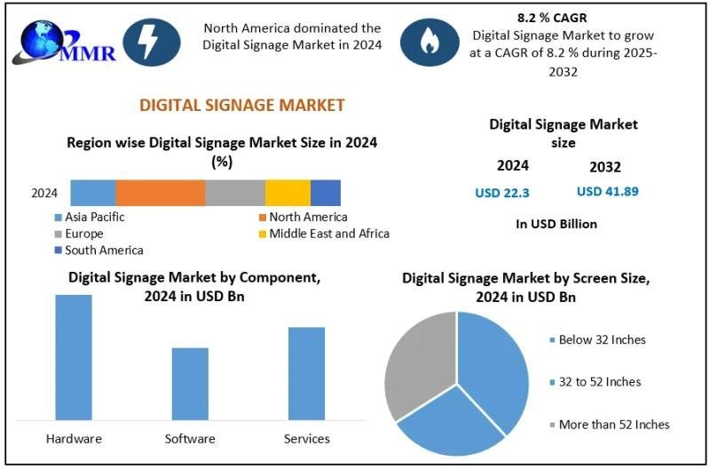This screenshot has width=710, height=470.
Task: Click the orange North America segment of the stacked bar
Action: [160, 193]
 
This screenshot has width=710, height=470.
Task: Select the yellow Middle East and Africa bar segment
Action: [288, 193]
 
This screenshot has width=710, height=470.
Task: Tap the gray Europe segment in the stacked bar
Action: [235, 193]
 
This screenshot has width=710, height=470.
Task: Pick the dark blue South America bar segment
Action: [326, 193]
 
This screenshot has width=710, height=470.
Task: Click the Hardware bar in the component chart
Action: [74, 356]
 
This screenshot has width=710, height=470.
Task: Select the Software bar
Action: [190, 383]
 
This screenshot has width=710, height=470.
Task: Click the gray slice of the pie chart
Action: [417, 364]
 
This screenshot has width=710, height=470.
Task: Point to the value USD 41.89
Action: [608, 191]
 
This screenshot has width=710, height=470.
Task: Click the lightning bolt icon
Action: [146, 41]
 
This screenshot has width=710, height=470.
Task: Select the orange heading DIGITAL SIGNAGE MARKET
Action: [242, 105]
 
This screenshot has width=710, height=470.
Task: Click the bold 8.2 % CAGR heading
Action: [552, 18]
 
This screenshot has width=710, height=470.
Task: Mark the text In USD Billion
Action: [556, 224]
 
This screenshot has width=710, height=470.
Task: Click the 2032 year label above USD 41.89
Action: [604, 167]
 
